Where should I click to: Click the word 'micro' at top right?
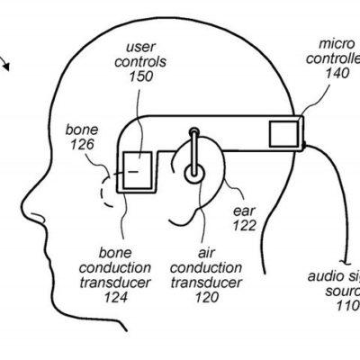(x=336, y=42)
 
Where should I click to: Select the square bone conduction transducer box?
(x=137, y=170)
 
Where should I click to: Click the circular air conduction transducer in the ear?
(x=193, y=169)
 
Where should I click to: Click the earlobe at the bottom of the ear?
(x=192, y=214)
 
